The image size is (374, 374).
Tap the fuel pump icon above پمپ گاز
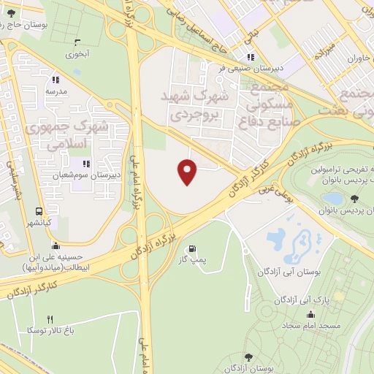coord(193,248)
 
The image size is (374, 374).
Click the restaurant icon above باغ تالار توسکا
coord(50,319)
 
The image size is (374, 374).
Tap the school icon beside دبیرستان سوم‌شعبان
coord(86,164)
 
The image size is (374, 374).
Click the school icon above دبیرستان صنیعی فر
coord(251,57)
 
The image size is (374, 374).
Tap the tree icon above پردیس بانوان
coord(354,199)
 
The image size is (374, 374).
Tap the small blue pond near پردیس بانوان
coord(332,198)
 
